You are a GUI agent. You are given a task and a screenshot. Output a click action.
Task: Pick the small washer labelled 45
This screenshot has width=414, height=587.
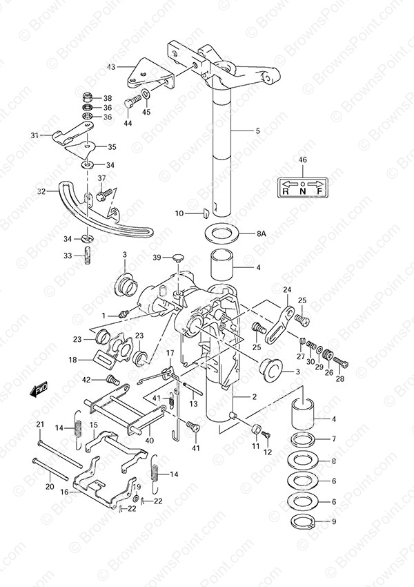point(146,93)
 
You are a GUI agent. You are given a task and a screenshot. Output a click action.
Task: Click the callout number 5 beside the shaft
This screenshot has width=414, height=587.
point(257,131)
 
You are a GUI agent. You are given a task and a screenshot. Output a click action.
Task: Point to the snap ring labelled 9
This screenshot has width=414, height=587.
point(304,521)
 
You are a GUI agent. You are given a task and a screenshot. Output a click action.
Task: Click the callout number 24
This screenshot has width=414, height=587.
point(287,290)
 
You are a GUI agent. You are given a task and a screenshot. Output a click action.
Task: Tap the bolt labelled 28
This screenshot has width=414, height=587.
point(340,361)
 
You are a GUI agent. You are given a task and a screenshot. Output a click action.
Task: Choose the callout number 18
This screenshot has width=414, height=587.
point(72,360)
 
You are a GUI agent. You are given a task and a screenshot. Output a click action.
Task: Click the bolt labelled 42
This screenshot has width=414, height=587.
point(112,380)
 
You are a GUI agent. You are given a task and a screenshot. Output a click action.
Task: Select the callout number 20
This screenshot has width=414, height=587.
point(50,487)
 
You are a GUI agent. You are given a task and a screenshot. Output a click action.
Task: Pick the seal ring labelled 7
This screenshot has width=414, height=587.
point(304,439)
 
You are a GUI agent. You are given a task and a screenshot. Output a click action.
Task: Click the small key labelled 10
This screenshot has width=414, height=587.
point(204,213)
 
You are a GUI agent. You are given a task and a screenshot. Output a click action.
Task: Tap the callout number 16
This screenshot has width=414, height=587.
point(65,492)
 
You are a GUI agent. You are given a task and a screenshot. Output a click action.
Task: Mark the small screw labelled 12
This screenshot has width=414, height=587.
point(266,435)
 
